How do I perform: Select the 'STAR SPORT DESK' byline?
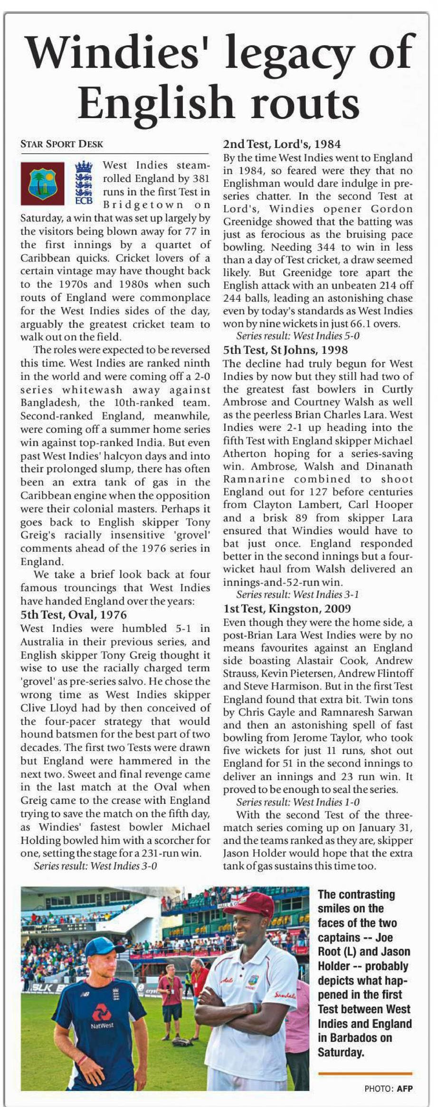(x=62, y=144)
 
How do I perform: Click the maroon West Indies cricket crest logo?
(x=42, y=184)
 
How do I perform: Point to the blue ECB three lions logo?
(x=84, y=183)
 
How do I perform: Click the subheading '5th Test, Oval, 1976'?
(x=74, y=615)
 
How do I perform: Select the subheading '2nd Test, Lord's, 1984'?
(x=282, y=144)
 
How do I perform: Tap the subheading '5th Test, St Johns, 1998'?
(x=285, y=350)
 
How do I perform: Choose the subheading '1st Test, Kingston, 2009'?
(x=287, y=609)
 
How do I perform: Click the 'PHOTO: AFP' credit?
(x=388, y=1089)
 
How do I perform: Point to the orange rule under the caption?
(x=365, y=1073)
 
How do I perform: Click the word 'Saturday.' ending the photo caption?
(x=341, y=1052)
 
